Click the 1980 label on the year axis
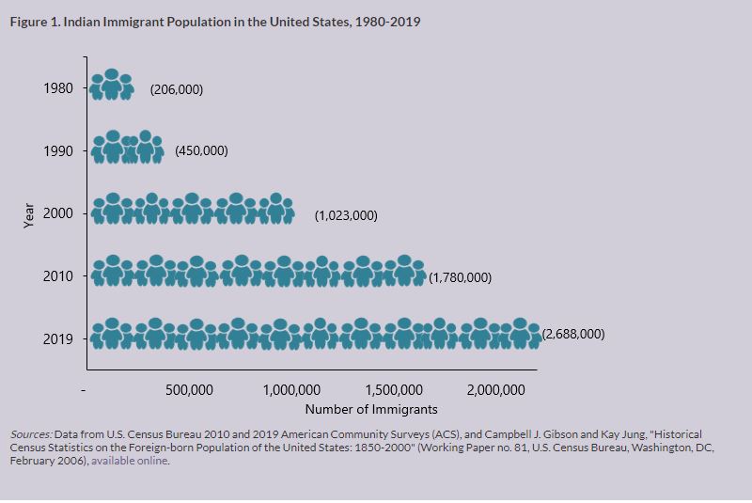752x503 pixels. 58,89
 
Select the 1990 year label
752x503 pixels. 58,151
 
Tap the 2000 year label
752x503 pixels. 58,213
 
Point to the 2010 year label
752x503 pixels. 58,276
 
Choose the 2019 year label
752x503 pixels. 58,338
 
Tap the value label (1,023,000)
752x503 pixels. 346,215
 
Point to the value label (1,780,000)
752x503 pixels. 460,277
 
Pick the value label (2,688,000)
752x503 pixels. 573,334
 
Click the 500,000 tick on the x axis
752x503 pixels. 189,390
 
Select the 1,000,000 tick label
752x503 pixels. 292,390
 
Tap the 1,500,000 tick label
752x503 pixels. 395,390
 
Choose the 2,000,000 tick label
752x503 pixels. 496,390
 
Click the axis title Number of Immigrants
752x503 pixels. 371,410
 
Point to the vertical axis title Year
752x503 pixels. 29,215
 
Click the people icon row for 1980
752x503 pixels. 111,86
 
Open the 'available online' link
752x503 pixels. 131,462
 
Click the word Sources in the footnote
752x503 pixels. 31,435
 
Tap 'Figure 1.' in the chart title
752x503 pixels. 35,22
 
